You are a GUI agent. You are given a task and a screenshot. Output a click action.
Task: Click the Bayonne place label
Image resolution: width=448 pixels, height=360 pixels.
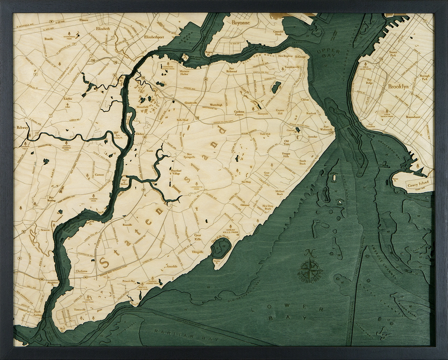240,21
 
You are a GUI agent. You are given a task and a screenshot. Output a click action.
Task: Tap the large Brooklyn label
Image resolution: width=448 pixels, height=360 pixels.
398,86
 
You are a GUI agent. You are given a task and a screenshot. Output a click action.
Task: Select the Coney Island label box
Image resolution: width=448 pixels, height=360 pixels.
419,184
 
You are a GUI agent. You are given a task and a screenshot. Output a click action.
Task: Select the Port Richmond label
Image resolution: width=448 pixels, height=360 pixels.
231,69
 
